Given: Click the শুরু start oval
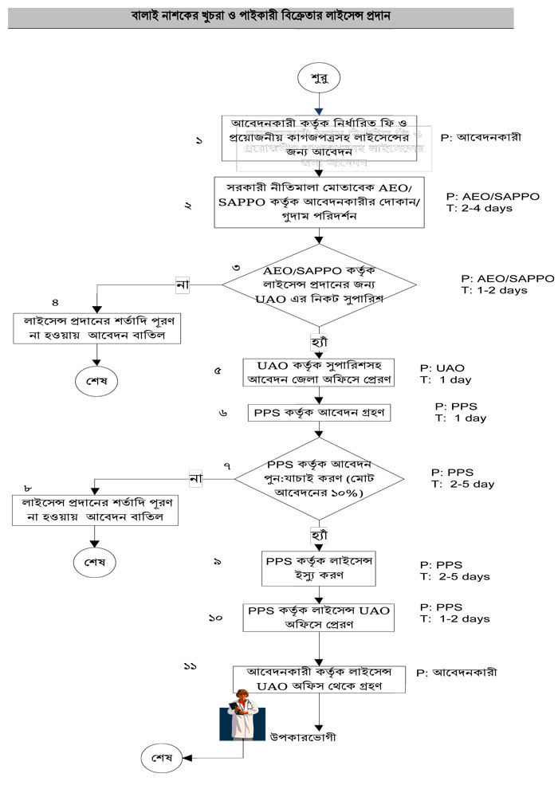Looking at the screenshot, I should [x=318, y=79].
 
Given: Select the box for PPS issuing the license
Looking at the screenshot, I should [x=320, y=569].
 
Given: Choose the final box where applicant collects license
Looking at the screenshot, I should [x=319, y=677].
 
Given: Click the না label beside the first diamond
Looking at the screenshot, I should [x=183, y=284].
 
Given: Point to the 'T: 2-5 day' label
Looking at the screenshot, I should [x=463, y=483].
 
